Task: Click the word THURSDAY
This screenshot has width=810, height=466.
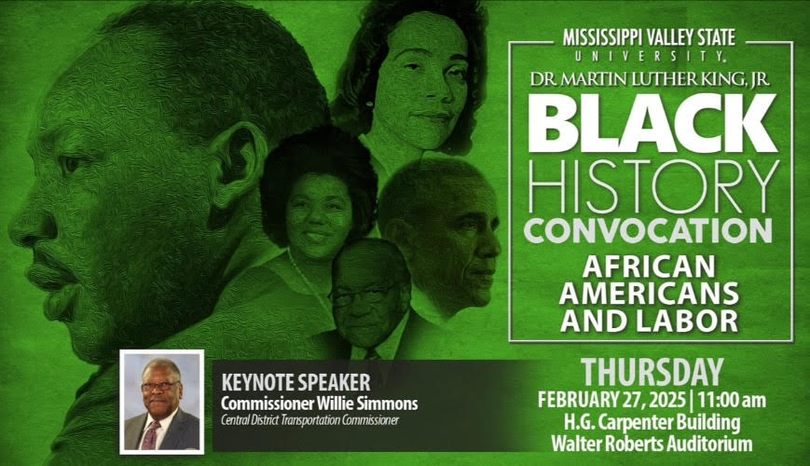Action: click(x=652, y=372)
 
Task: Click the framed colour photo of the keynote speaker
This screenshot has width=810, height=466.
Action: click(x=161, y=401)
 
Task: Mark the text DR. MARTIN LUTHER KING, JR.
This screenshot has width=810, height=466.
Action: click(x=650, y=79)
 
